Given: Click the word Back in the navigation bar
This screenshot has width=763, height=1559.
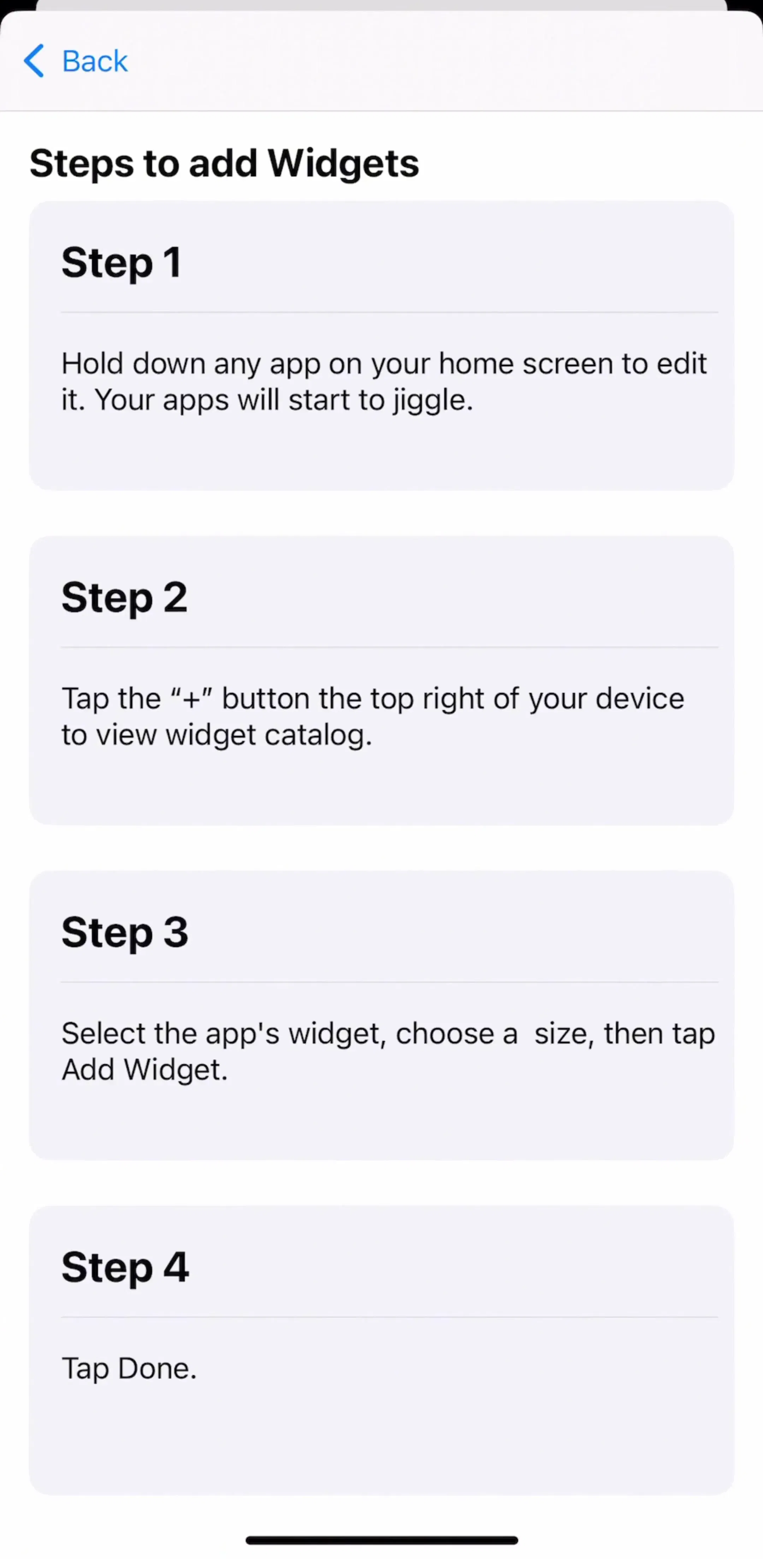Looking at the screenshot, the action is coord(95,61).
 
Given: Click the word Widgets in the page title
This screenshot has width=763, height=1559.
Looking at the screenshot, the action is coord(343,164).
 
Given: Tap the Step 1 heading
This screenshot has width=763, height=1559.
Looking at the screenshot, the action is coord(121,262).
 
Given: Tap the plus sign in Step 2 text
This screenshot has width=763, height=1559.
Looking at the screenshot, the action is coord(191,699).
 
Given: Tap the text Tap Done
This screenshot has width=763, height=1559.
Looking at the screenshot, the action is coord(129,1368).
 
